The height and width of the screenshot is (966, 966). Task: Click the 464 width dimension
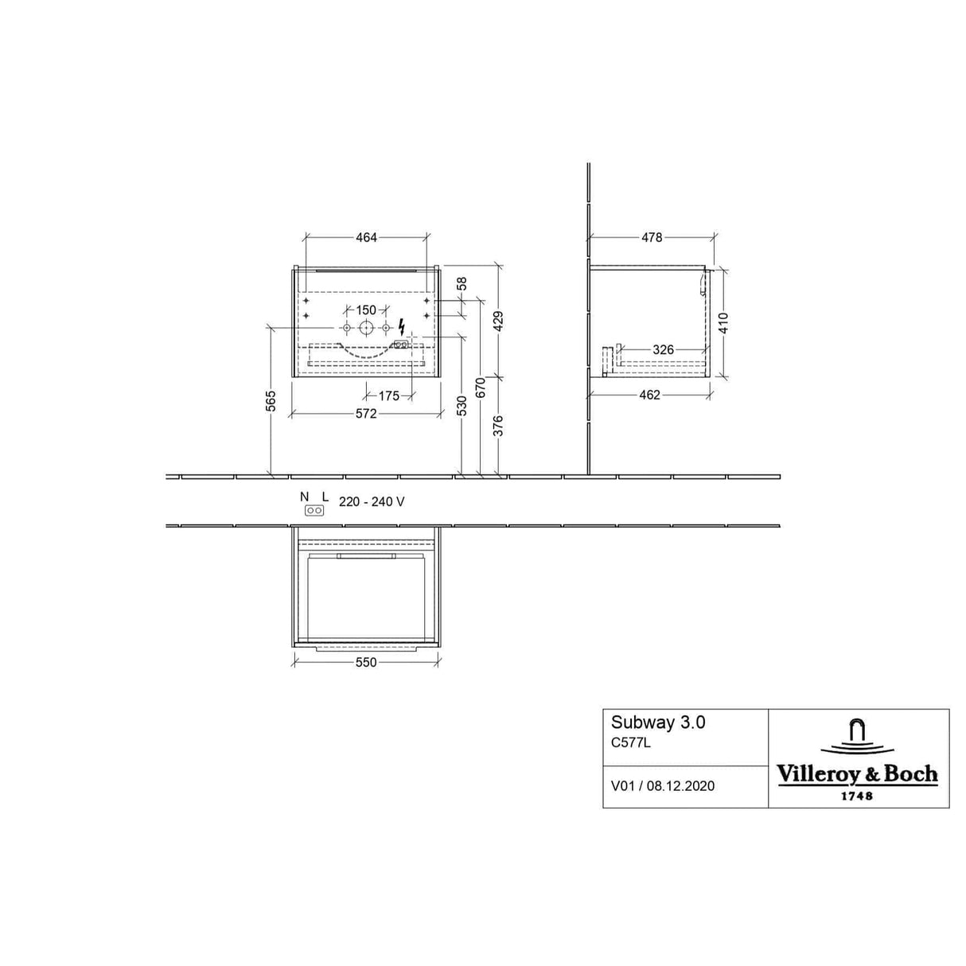(x=366, y=237)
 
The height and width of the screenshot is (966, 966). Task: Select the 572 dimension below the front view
(x=365, y=414)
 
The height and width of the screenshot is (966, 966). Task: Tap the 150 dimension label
(x=365, y=310)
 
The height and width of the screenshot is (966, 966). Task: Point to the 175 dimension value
(x=388, y=395)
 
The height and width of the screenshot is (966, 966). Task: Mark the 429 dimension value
(x=499, y=321)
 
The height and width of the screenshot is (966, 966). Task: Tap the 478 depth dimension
(x=652, y=237)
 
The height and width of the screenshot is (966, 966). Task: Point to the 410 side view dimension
(x=723, y=322)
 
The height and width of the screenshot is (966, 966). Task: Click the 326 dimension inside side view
(x=663, y=349)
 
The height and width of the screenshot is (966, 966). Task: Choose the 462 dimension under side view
(x=649, y=395)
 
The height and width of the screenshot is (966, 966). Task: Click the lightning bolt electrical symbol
(x=402, y=327)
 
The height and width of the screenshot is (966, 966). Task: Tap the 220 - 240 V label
(x=372, y=501)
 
